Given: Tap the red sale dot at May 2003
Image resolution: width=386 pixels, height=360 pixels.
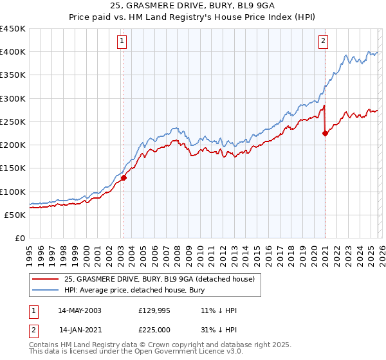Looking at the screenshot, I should pyautogui.click(x=124, y=178).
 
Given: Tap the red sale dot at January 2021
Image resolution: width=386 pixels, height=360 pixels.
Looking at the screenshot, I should pyautogui.click(x=325, y=134).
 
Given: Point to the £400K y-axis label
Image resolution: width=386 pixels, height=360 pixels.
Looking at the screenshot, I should pyautogui.click(x=13, y=52).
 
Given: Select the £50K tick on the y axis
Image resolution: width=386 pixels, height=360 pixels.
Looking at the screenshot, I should pyautogui.click(x=15, y=215).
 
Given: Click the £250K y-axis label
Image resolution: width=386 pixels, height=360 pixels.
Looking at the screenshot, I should pyautogui.click(x=13, y=122).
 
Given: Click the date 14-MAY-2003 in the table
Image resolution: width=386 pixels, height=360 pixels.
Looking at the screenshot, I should pyautogui.click(x=80, y=310).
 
